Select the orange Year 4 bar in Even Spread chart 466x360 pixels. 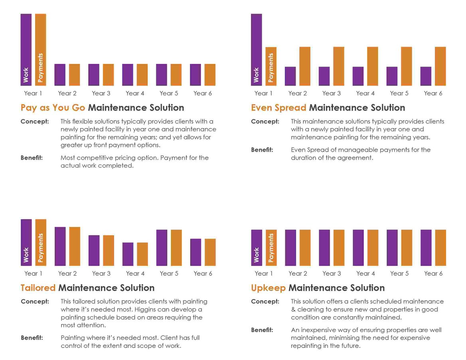click(373, 66)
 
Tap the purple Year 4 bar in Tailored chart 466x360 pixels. click(128, 254)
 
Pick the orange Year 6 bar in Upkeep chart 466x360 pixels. click(440, 247)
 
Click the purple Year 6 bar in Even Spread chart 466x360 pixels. click(426, 76)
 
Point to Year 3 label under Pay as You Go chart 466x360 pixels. click(101, 93)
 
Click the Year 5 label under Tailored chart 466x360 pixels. click(169, 273)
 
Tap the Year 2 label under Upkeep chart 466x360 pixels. click(298, 273)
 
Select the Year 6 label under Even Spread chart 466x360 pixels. click(433, 93)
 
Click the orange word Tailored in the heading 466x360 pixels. click(38, 288)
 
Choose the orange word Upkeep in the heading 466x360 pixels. click(268, 288)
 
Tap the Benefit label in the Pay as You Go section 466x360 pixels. click(32, 158)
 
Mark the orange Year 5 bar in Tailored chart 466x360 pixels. click(176, 248)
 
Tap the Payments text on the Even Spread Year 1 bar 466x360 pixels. click(271, 68)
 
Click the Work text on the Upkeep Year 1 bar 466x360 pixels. click(257, 255)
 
